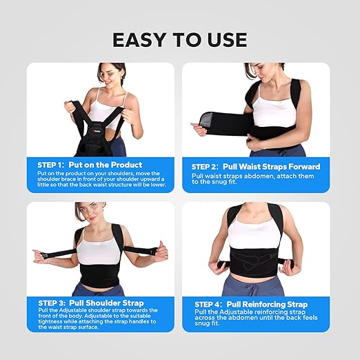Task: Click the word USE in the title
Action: pos(224,40)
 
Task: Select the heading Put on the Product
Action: pos(107,165)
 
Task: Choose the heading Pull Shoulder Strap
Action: pos(110,303)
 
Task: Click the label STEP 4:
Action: pos(212,304)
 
